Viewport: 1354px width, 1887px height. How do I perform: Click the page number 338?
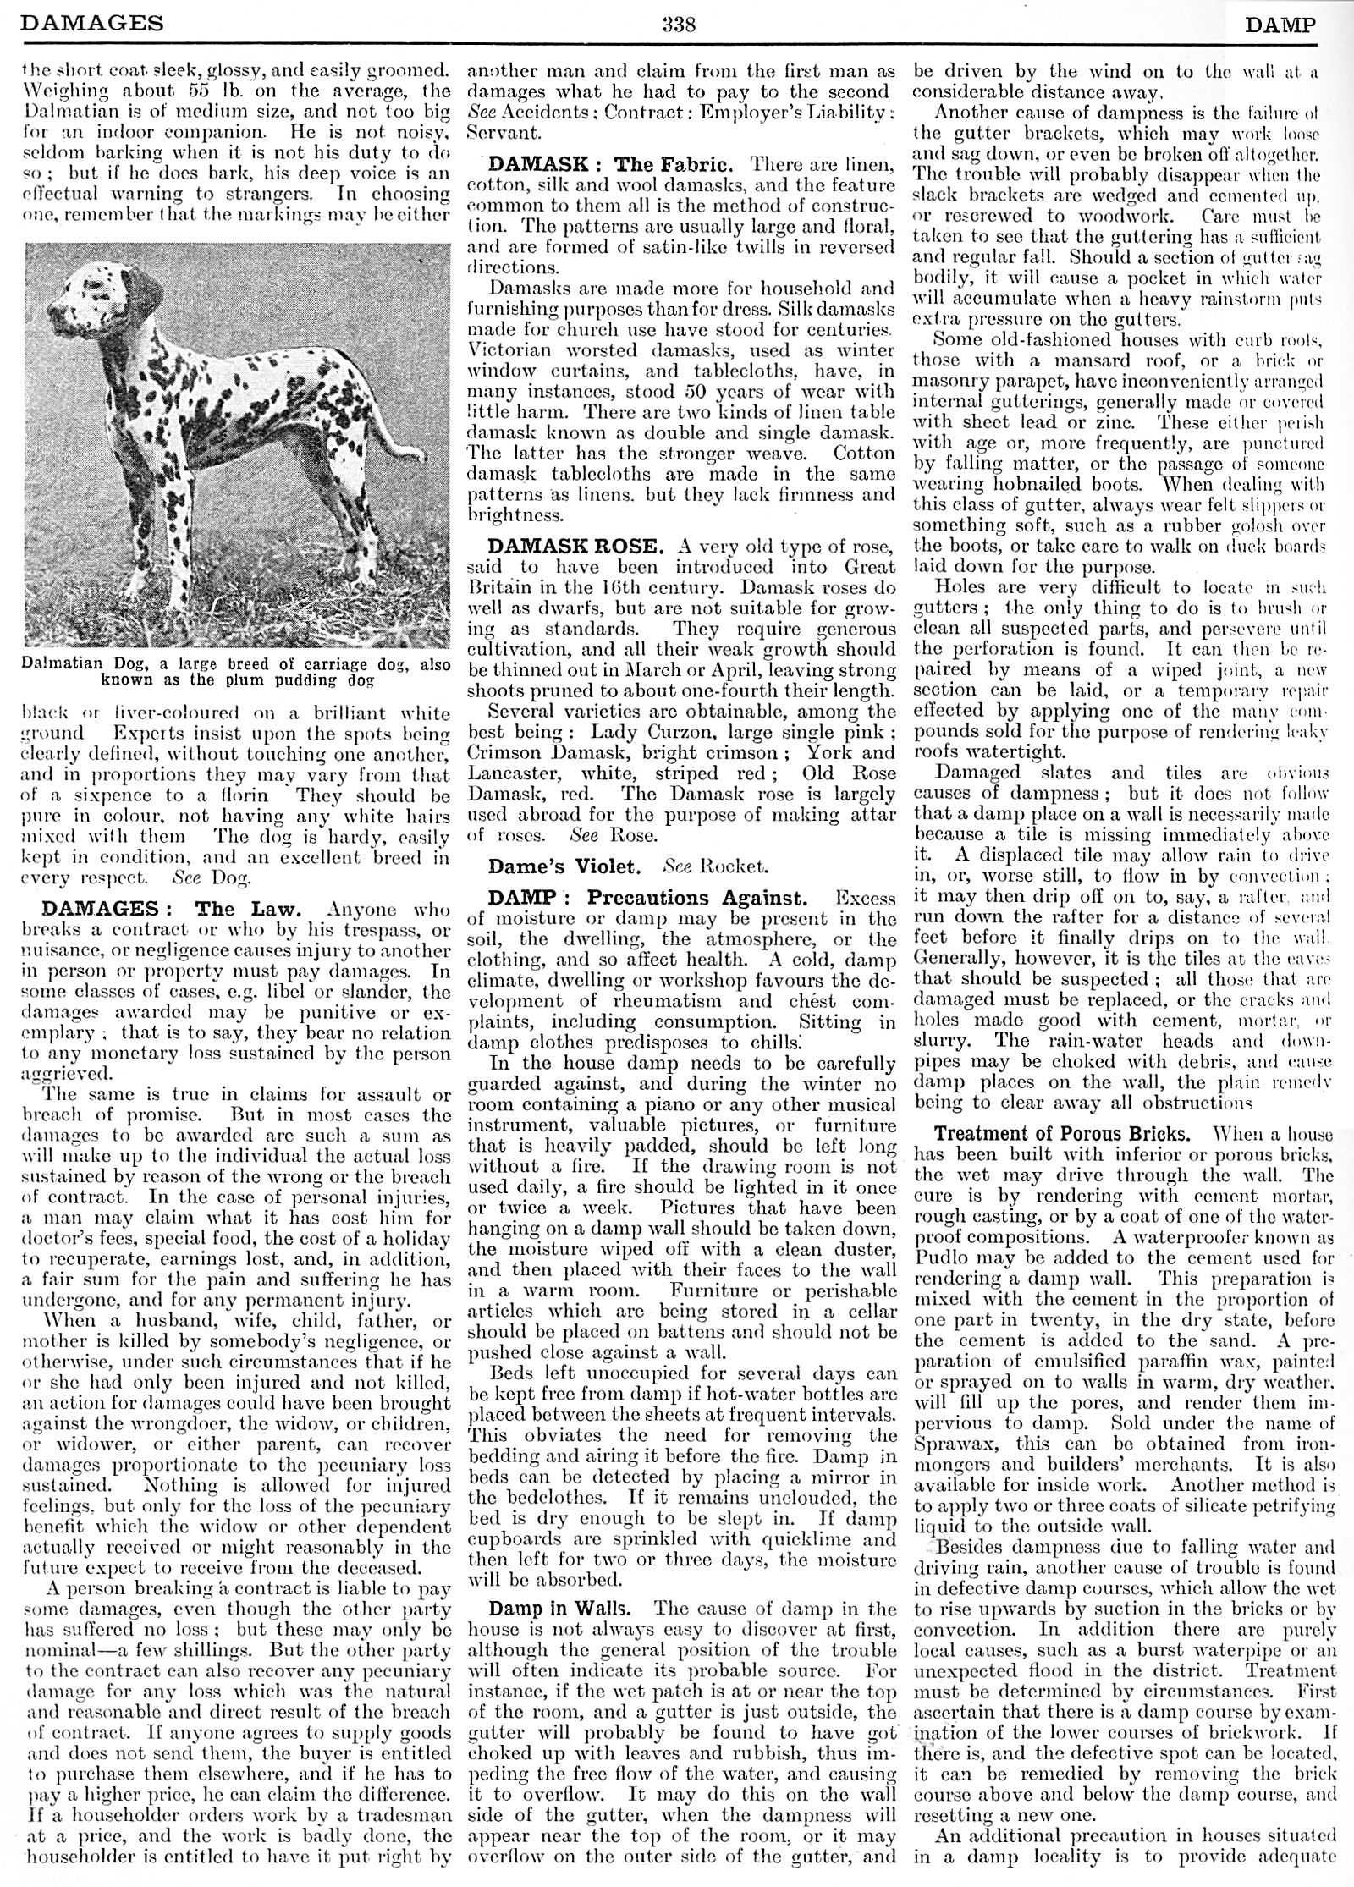678,24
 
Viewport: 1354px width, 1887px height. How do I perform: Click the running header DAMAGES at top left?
91,24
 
